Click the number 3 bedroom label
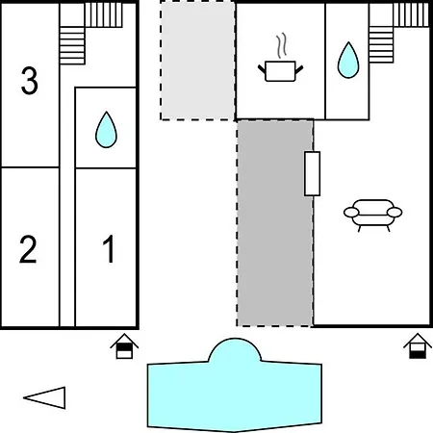tap(30, 81)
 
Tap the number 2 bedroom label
tap(28, 249)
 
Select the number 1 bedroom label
tap(109, 248)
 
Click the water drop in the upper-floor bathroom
tap(106, 130)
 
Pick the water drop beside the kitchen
tap(348, 60)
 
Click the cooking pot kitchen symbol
tap(280, 71)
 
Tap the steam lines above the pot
tap(281, 45)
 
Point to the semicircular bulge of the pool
tap(235, 349)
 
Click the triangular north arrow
tap(44, 397)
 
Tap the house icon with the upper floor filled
tap(124, 346)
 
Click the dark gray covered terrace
tap(275, 223)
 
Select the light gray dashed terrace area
tap(197, 61)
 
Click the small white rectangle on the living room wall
tap(312, 173)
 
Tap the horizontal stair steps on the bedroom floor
tap(72, 45)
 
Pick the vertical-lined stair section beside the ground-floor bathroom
tap(412, 14)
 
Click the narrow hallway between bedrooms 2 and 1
tap(67, 247)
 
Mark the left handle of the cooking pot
tap(262, 69)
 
